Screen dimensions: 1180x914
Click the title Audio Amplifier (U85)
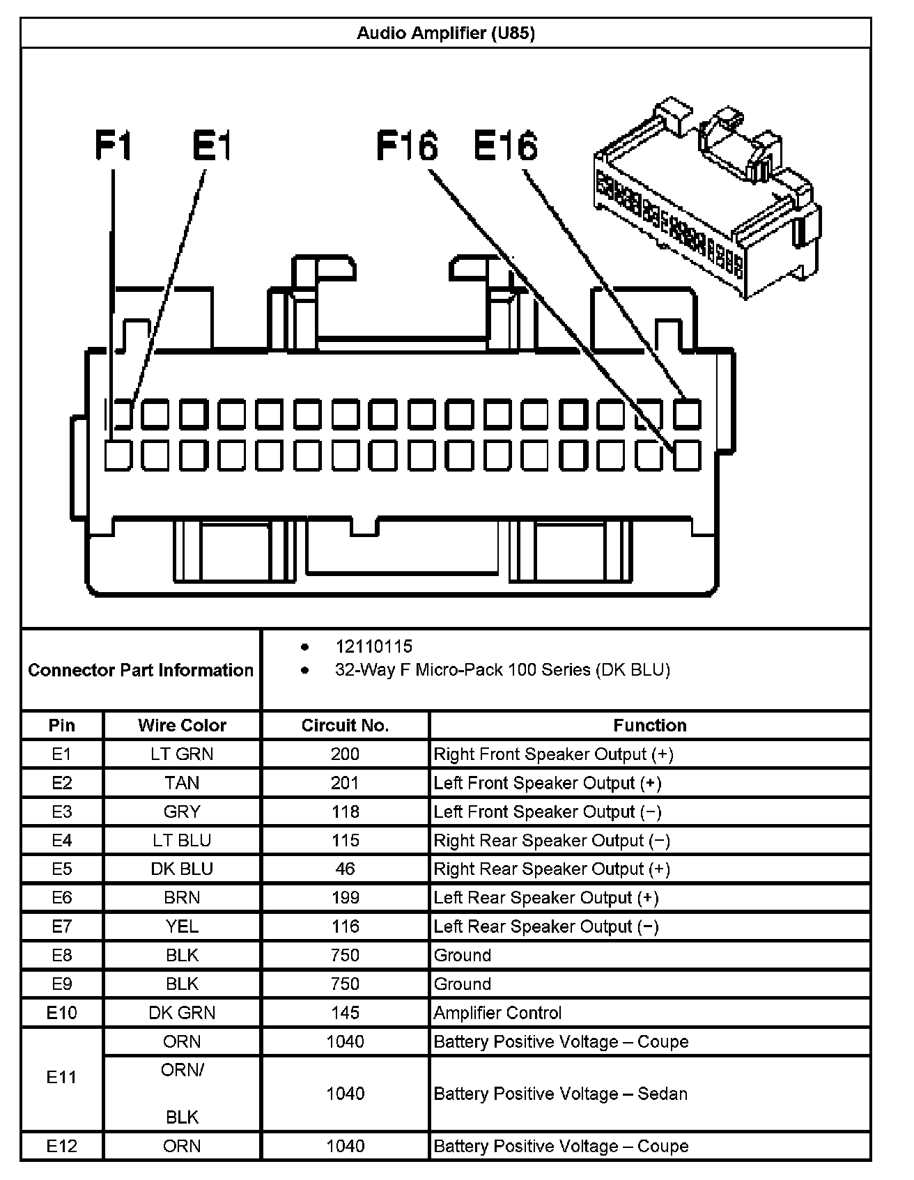[x=446, y=33]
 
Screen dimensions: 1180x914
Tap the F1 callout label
[x=113, y=146]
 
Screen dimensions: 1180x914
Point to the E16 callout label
[x=506, y=146]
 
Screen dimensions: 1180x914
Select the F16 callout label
[x=407, y=146]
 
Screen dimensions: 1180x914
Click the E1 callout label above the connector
[x=212, y=146]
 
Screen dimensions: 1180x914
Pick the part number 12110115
[x=373, y=646]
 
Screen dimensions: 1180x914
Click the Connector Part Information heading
[x=141, y=670]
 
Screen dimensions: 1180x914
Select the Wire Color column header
[x=182, y=725]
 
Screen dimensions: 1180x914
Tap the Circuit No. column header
[x=345, y=725]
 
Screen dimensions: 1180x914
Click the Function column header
[x=649, y=725]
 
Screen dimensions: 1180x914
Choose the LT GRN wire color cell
[x=182, y=754]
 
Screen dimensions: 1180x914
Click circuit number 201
[x=345, y=783]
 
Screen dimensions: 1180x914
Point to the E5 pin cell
[x=62, y=869]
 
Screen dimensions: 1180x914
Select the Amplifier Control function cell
[x=497, y=1013]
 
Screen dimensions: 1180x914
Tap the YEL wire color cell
[x=182, y=926]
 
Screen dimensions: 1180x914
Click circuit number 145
[x=345, y=1013]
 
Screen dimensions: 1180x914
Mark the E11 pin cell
[x=62, y=1077]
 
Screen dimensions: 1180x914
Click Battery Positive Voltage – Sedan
[x=560, y=1094]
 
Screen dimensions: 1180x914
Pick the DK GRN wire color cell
[x=182, y=1013]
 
